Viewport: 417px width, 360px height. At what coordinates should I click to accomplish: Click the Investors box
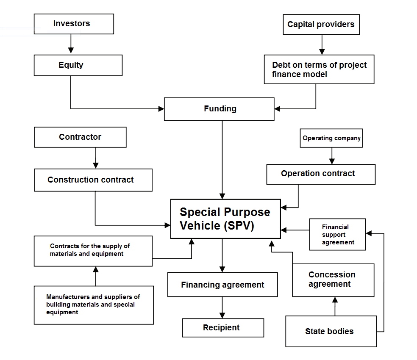click(74, 24)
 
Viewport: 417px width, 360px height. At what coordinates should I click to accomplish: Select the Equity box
click(78, 65)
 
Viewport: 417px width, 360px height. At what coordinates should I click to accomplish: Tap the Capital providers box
click(321, 25)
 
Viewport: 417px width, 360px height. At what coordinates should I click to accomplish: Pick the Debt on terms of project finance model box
click(319, 69)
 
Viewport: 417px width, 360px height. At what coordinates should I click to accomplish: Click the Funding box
click(219, 109)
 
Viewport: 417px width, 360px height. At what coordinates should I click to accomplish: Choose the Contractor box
click(80, 137)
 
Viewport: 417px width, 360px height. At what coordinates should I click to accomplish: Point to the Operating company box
click(331, 138)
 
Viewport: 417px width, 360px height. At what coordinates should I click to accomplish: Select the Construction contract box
click(93, 180)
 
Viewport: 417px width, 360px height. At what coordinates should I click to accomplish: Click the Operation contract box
click(321, 174)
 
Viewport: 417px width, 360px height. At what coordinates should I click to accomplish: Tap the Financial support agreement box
click(338, 235)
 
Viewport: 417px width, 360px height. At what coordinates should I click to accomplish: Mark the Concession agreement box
click(333, 280)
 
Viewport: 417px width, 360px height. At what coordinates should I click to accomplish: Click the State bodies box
click(331, 331)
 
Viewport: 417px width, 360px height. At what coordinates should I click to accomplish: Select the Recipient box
click(223, 328)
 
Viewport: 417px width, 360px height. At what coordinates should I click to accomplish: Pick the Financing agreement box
click(222, 285)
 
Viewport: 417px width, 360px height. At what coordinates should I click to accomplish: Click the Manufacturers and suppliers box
click(94, 305)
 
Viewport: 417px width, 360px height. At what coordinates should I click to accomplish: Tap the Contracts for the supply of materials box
click(93, 251)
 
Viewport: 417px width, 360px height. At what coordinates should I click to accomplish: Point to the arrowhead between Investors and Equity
click(71, 51)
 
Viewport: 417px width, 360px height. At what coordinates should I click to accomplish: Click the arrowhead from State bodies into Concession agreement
click(335, 299)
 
